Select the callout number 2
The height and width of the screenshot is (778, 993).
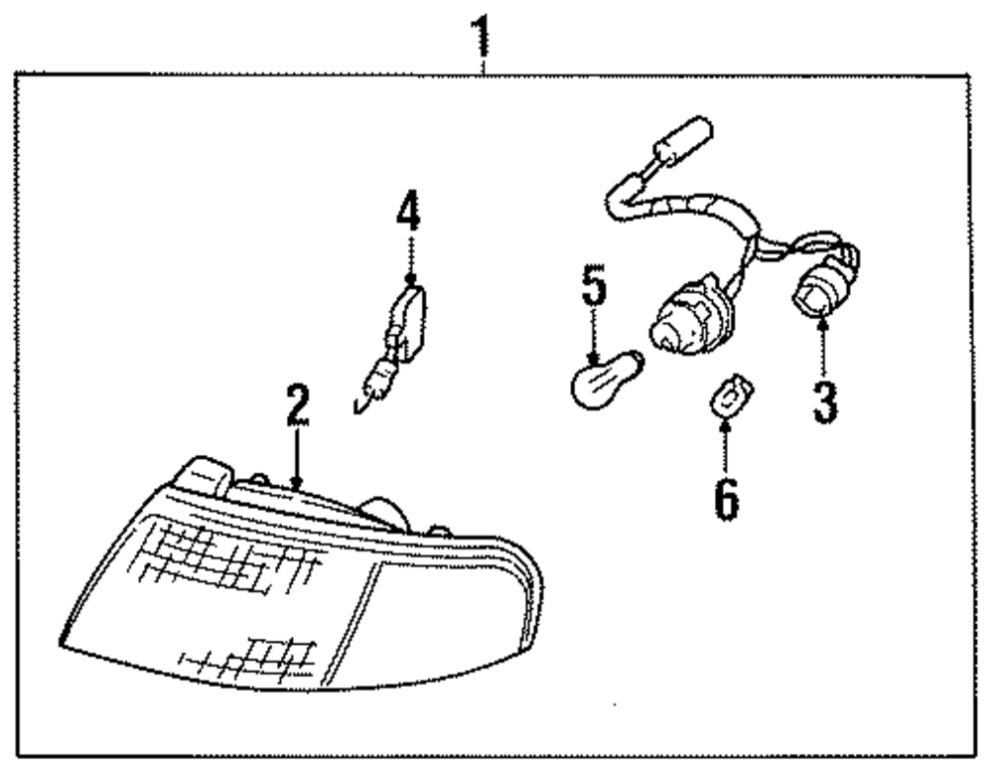pos(298,408)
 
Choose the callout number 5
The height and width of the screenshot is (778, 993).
pos(593,287)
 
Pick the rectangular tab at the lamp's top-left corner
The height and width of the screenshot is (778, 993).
pos(204,474)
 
